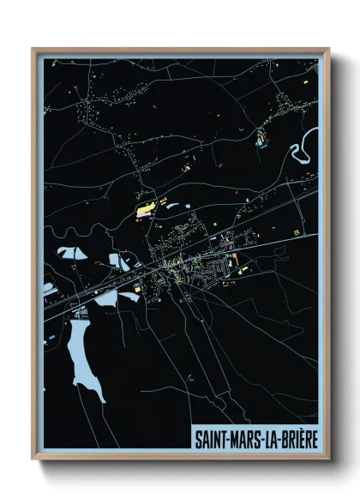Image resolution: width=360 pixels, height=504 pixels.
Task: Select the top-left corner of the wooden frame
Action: point(33,50)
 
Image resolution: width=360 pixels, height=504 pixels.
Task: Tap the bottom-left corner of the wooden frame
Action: point(33,459)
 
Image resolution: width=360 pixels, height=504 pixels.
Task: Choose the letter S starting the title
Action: point(197,439)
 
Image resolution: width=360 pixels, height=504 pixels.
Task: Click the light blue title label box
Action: point(255,439)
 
